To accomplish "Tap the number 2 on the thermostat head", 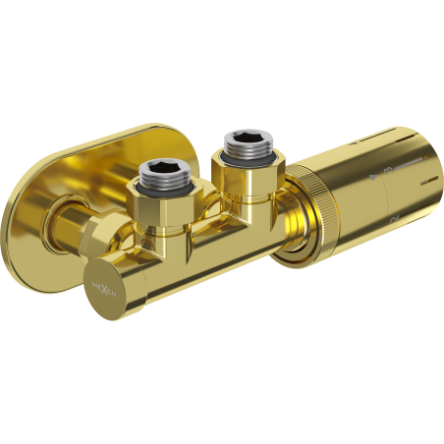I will (391, 215).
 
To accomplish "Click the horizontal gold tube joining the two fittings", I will (211, 226).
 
